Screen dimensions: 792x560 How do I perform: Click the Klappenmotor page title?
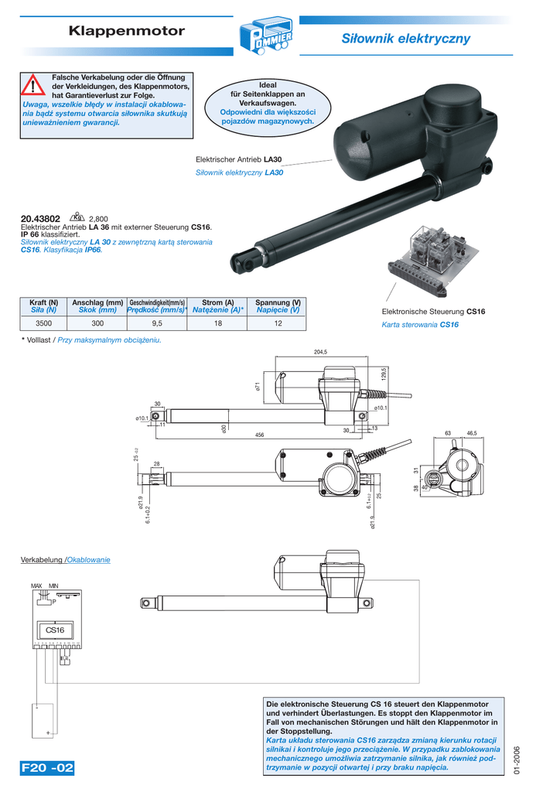[x=127, y=32]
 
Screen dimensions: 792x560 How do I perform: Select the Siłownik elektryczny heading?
[x=405, y=39]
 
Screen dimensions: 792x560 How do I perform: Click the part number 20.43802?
[x=40, y=219]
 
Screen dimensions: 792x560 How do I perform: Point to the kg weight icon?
[x=77, y=217]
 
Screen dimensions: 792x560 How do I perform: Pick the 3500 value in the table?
[x=44, y=324]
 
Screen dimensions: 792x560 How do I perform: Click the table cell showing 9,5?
[x=158, y=324]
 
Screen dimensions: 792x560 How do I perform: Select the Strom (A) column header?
[x=217, y=302]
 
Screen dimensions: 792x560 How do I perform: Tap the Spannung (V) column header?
[x=278, y=302]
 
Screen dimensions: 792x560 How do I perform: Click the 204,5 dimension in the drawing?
[x=321, y=353]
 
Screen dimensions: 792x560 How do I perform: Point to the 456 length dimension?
[x=260, y=435]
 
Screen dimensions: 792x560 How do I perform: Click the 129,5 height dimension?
[x=384, y=374]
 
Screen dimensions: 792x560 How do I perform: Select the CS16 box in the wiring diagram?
[x=55, y=631]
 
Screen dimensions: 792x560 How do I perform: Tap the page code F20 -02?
[x=48, y=768]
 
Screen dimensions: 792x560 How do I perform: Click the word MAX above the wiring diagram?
[x=36, y=587]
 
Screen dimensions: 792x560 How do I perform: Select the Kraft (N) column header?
[x=44, y=302]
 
